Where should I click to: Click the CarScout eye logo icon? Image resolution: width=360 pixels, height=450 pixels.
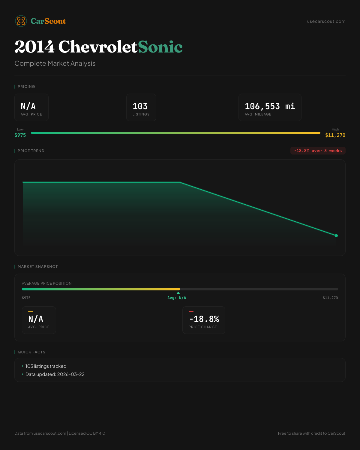21,21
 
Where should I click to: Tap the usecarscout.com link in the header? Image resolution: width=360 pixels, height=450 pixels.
326,21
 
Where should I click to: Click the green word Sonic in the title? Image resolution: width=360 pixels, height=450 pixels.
160,47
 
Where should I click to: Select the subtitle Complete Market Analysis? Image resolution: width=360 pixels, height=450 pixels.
55,63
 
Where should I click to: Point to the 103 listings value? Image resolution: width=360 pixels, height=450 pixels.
140,106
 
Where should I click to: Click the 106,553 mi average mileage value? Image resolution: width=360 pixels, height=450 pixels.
270,106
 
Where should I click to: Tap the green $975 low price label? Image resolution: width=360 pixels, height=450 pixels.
20,135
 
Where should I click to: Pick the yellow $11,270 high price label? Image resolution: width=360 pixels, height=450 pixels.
335,135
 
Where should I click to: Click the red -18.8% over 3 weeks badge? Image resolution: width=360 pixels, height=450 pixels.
318,151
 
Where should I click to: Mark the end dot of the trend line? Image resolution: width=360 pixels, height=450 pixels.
336,235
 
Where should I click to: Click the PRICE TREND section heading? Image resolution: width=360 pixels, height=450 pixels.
31,151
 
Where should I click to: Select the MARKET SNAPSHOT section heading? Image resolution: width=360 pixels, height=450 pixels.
37,267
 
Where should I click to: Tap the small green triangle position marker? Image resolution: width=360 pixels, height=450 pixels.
178,293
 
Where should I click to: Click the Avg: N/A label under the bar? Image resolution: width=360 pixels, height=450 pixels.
177,298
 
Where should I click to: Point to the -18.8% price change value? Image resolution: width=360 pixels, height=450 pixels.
204,319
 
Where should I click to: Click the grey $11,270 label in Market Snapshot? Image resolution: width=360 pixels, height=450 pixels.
330,298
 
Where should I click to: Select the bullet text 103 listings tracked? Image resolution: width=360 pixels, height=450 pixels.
46,366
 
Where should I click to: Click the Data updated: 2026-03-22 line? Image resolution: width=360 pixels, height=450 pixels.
55,374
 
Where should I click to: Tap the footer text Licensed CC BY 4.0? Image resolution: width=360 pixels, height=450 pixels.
87,433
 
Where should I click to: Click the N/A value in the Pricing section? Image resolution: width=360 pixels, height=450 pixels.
28,106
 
